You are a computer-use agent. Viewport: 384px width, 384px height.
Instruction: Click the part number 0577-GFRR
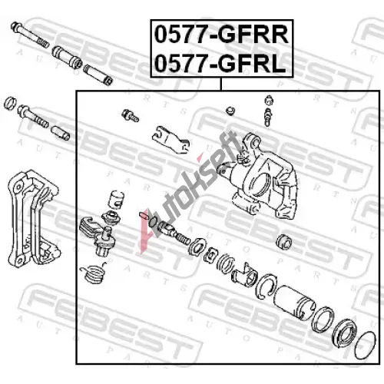coord(221,35)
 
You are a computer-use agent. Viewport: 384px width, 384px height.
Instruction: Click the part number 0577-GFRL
coord(220,64)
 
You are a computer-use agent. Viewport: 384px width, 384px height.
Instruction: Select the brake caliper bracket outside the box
coord(33,218)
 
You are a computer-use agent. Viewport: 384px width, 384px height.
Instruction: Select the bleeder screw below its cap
coord(267,117)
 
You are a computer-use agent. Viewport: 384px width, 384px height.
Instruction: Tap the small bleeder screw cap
coord(269,100)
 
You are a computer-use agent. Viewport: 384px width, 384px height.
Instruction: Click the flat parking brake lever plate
coord(171,141)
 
